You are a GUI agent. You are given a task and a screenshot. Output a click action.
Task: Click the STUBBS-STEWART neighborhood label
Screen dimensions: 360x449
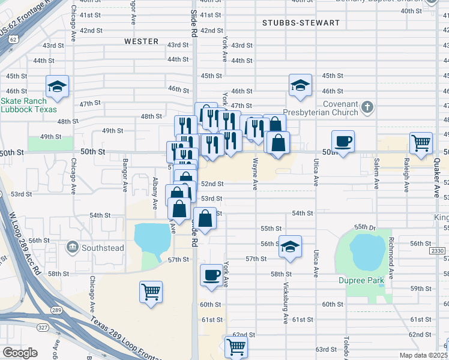[x=301, y=23]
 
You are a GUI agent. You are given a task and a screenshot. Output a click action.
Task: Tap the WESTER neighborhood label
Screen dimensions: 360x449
[x=142, y=41]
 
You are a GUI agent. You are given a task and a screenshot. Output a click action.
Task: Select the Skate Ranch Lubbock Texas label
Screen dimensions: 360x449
[x=29, y=105]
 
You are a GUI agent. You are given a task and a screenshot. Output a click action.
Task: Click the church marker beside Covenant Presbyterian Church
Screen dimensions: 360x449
[x=368, y=108]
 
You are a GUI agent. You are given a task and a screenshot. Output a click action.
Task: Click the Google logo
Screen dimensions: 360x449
[x=20, y=353]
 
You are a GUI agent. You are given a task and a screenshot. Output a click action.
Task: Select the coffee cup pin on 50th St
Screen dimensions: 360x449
[x=343, y=142]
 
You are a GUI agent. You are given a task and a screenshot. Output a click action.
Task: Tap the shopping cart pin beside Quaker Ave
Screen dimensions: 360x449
[x=421, y=143]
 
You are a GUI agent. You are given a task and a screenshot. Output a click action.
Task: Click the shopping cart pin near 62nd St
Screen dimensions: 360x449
[x=236, y=347]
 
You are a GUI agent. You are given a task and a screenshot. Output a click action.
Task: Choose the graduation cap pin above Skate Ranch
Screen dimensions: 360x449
[x=58, y=86]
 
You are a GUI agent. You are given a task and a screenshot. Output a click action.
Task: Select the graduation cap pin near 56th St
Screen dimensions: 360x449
[x=291, y=247]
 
